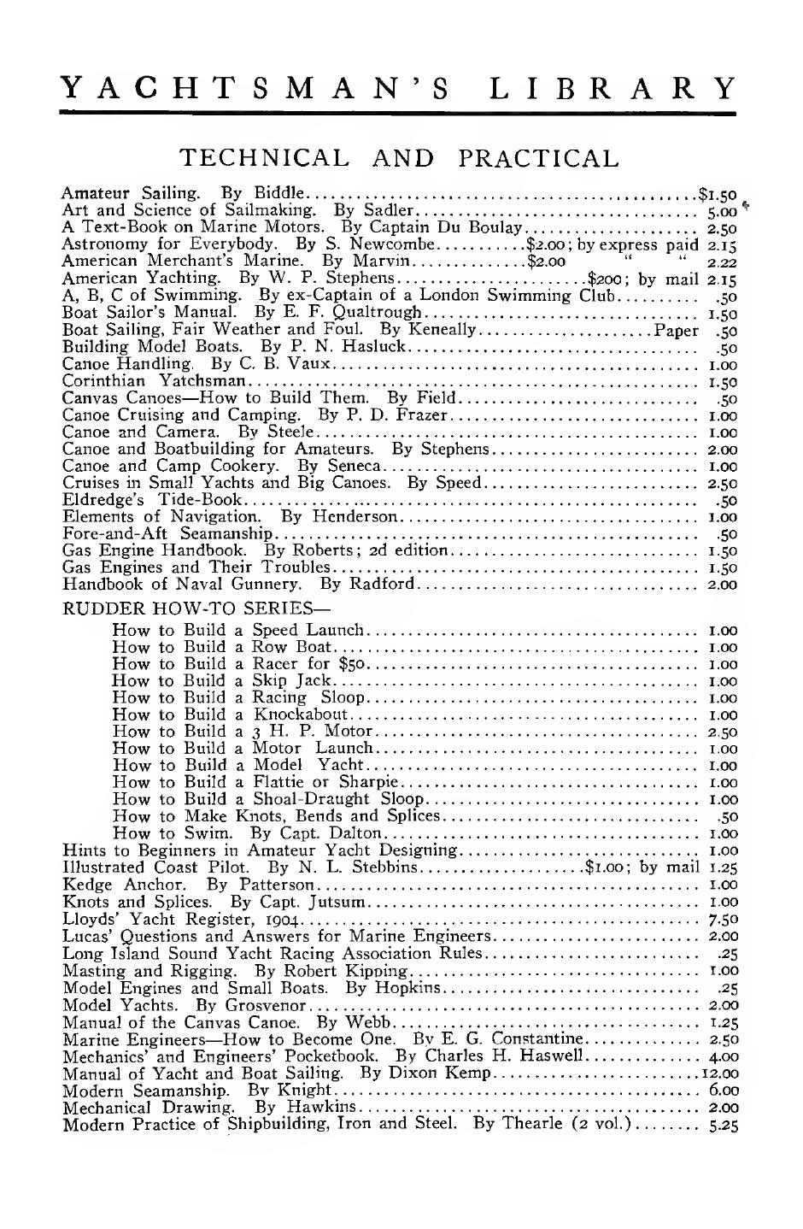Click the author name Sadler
[x=389, y=211]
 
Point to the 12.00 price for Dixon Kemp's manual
[x=719, y=1073]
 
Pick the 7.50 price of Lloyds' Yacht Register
[x=724, y=920]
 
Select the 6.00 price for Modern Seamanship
[x=724, y=1090]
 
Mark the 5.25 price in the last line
[x=724, y=1125]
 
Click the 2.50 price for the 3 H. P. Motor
[x=724, y=732]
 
